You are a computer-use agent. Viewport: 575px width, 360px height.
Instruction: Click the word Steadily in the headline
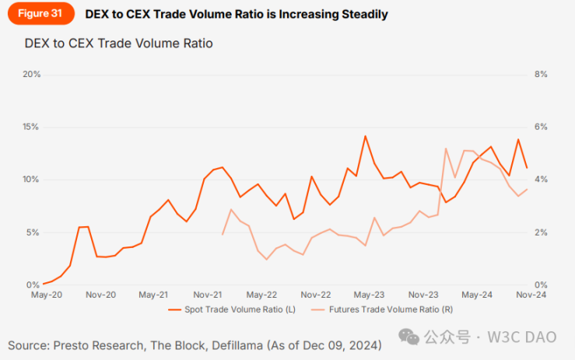coord(359,14)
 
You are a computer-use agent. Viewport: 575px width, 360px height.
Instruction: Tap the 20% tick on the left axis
coord(31,75)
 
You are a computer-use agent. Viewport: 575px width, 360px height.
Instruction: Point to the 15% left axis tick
coord(31,127)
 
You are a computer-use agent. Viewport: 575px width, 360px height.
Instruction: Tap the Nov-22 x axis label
coord(316,295)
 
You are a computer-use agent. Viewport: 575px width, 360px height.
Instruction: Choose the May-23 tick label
coord(369,295)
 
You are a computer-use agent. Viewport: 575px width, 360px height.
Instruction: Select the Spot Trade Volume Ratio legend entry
coord(233,309)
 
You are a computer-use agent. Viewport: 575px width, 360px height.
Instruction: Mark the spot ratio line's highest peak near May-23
coord(365,136)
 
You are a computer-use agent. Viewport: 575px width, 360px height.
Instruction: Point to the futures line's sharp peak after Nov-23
coord(446,149)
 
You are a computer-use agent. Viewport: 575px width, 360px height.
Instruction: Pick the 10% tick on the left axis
coord(31,180)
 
